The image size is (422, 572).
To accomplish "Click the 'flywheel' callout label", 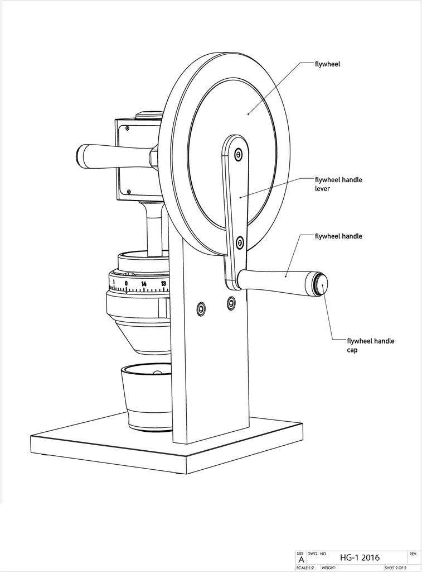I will pos(328,64).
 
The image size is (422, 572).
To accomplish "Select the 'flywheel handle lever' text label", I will pos(338,184).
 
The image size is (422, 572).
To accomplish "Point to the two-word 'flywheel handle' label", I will pos(338,236).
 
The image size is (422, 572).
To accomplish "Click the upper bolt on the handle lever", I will pos(239,154).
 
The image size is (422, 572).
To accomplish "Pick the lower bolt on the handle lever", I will pos(240,242).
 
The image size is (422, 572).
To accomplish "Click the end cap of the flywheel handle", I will pos(322,284).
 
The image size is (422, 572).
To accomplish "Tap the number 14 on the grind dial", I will pos(144,284).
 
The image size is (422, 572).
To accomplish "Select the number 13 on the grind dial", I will pos(163,284).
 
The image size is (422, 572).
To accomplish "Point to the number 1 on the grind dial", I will pos(114,283).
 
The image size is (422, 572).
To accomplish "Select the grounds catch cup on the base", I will pos(148,397).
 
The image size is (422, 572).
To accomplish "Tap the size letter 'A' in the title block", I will pos(302,559).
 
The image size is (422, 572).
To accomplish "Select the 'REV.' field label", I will pos(413,554).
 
